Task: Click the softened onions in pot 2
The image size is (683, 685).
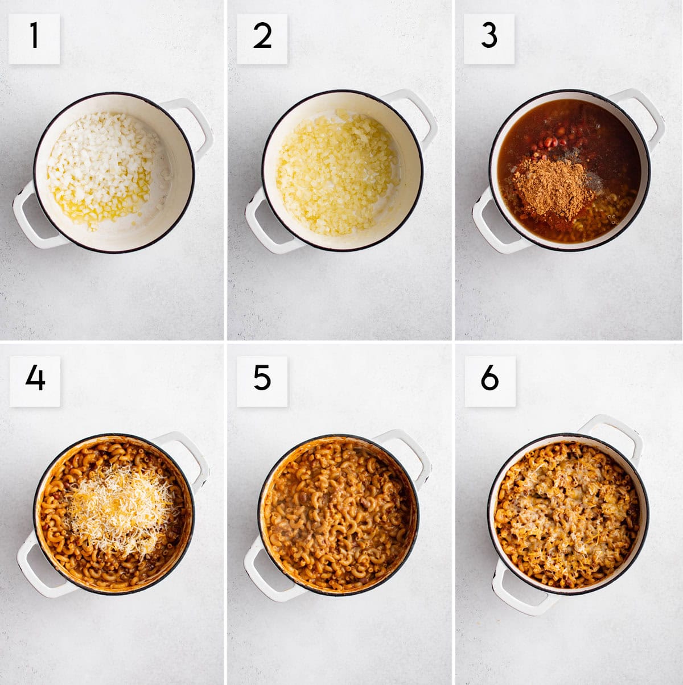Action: coord(336,174)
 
